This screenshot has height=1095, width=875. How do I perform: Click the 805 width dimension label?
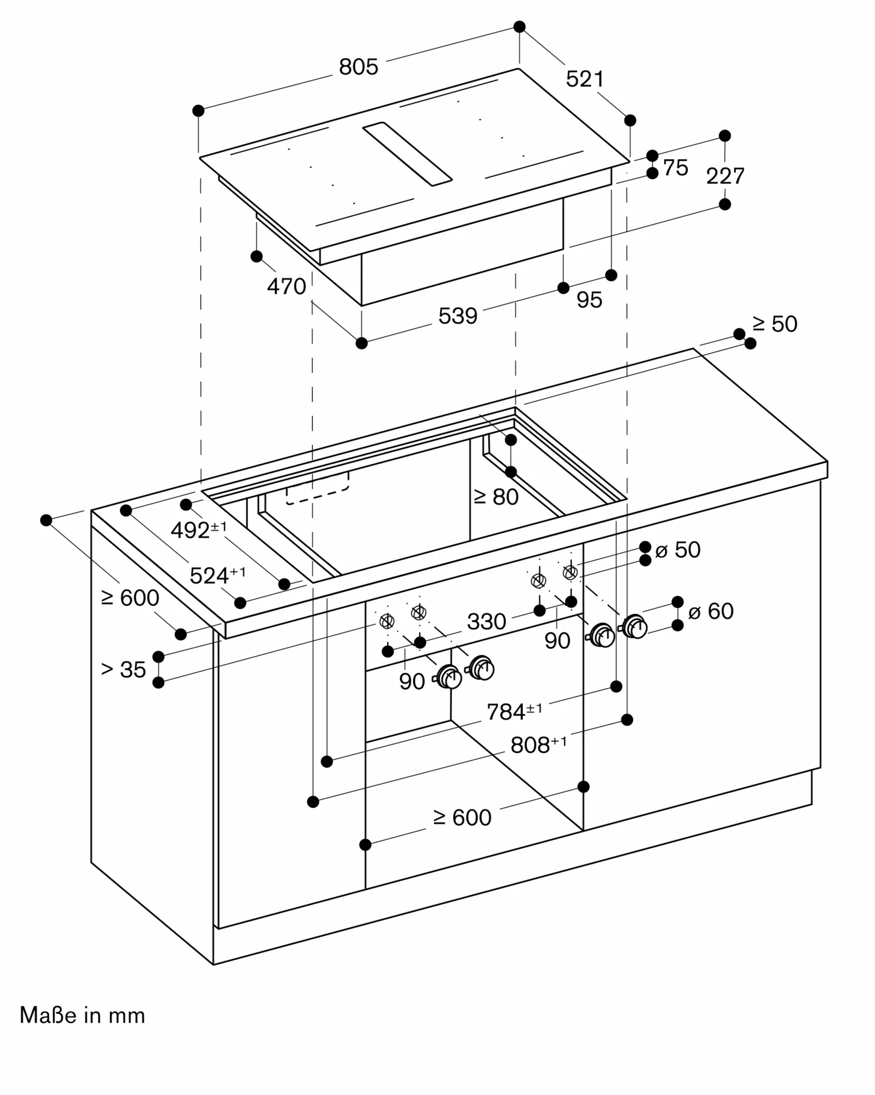359,67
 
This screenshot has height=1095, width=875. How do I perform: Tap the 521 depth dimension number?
585,79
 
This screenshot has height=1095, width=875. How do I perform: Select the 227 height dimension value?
725,176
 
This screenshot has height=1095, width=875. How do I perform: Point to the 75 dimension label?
675,168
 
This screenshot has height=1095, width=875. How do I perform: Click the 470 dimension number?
286,286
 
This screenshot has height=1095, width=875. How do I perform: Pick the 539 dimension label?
458,316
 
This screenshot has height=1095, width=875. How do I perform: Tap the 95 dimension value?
589,299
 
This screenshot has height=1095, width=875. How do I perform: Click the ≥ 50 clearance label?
775,324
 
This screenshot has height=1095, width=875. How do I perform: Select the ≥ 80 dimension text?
496,497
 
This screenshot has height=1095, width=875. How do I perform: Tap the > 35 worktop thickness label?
124,669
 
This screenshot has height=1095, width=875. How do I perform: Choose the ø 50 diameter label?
678,550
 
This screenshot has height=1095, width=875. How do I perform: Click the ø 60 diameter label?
711,611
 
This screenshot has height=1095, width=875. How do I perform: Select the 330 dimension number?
486,621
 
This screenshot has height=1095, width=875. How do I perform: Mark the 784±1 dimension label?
514,711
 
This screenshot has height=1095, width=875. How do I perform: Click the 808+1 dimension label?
538,745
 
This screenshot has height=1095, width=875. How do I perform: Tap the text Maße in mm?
83,1016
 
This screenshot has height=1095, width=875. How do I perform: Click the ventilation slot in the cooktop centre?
407,154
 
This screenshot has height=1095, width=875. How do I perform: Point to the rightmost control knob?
635,626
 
